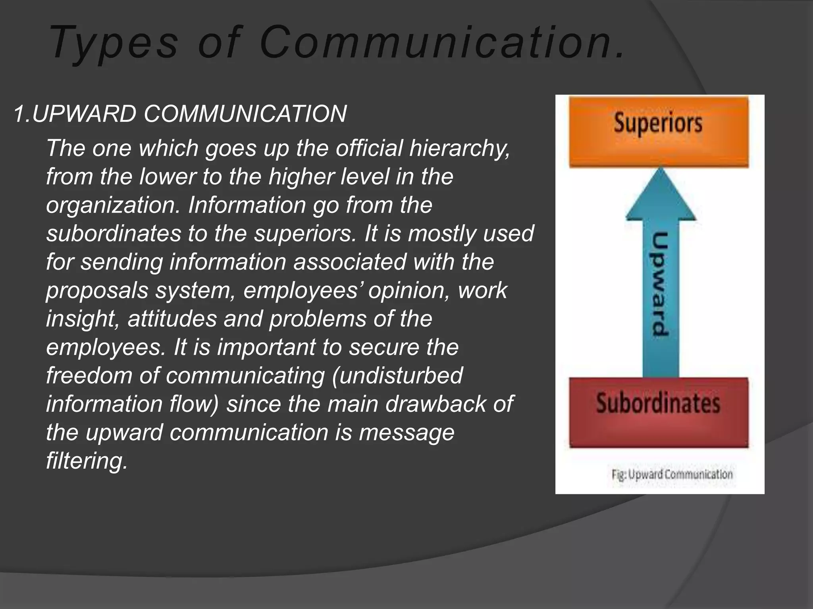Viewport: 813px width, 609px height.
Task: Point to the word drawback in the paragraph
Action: [x=435, y=404]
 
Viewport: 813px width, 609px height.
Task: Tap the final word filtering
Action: [x=87, y=461]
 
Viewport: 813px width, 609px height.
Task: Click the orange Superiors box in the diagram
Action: [x=659, y=132]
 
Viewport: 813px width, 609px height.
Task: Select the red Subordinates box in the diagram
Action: [x=659, y=413]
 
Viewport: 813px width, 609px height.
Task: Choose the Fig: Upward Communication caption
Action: [x=672, y=475]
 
